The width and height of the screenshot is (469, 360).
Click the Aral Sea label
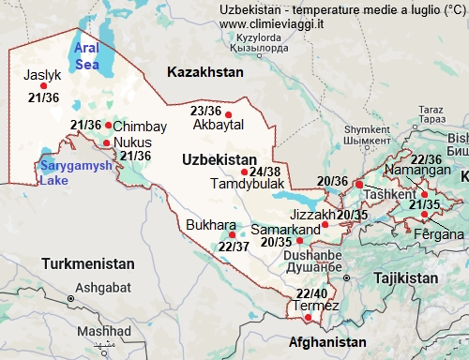[86, 56]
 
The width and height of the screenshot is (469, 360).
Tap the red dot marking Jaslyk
[43, 85]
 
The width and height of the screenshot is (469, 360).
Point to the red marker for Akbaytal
[229, 115]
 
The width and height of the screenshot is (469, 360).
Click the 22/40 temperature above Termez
[311, 293]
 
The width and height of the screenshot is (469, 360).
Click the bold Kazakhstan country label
[204, 71]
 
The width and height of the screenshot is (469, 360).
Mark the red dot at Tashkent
[359, 185]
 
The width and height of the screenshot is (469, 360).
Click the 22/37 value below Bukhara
[233, 247]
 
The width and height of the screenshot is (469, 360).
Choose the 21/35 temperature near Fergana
[425, 204]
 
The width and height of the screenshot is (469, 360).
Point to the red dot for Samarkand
[325, 225]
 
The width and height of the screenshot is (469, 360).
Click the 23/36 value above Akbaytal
[205, 111]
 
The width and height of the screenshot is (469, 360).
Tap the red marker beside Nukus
[106, 143]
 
